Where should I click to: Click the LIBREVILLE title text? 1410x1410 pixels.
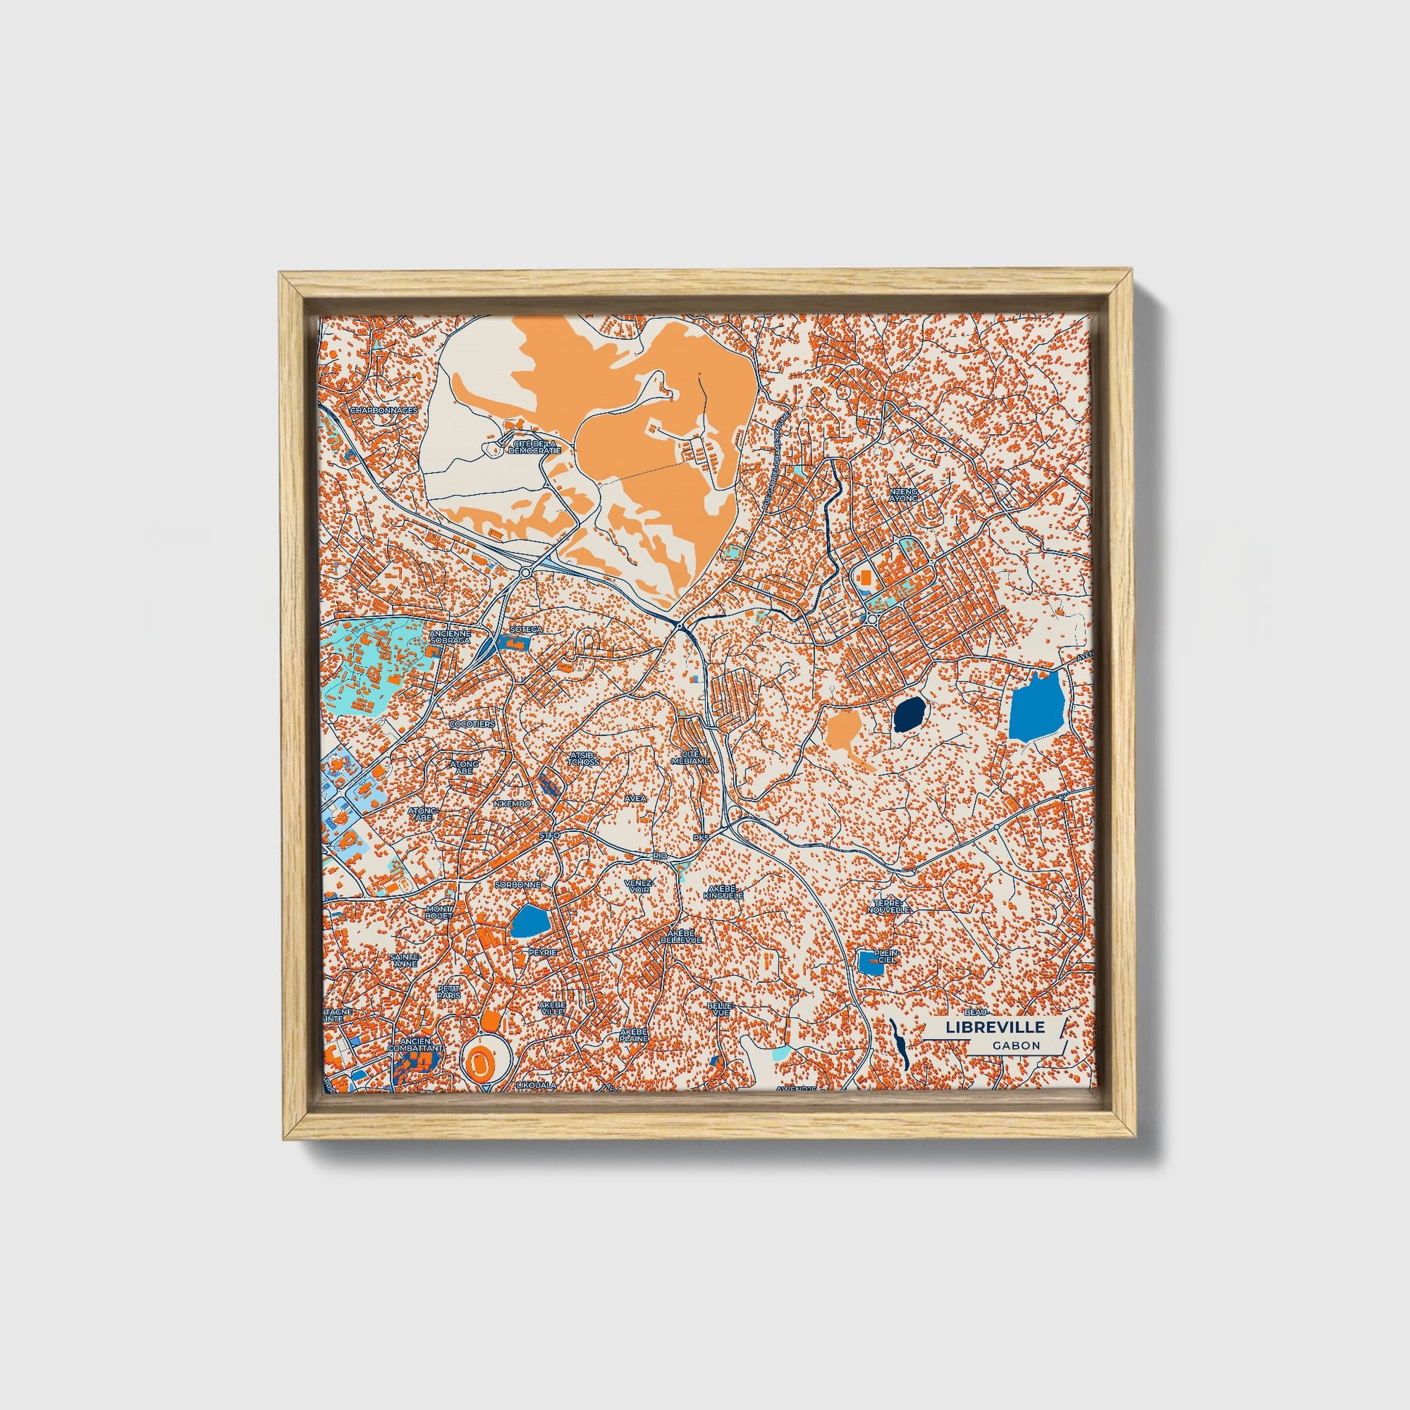995,1027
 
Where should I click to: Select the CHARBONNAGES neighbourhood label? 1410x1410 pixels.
384,410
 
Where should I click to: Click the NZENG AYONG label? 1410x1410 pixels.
903,496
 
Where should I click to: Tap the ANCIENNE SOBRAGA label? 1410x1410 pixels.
450,637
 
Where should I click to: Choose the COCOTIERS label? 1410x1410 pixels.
472,724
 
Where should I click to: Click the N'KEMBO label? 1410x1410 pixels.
512,804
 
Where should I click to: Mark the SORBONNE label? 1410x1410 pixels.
517,885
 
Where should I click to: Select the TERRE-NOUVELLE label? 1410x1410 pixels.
890,906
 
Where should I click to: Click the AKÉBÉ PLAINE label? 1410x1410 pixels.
633,1034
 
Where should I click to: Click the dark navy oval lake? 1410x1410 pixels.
910,714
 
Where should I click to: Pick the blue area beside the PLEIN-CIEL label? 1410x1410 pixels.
870,964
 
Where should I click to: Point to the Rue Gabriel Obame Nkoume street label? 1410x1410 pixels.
776,459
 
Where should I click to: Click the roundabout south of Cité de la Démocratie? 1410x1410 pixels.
525,573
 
